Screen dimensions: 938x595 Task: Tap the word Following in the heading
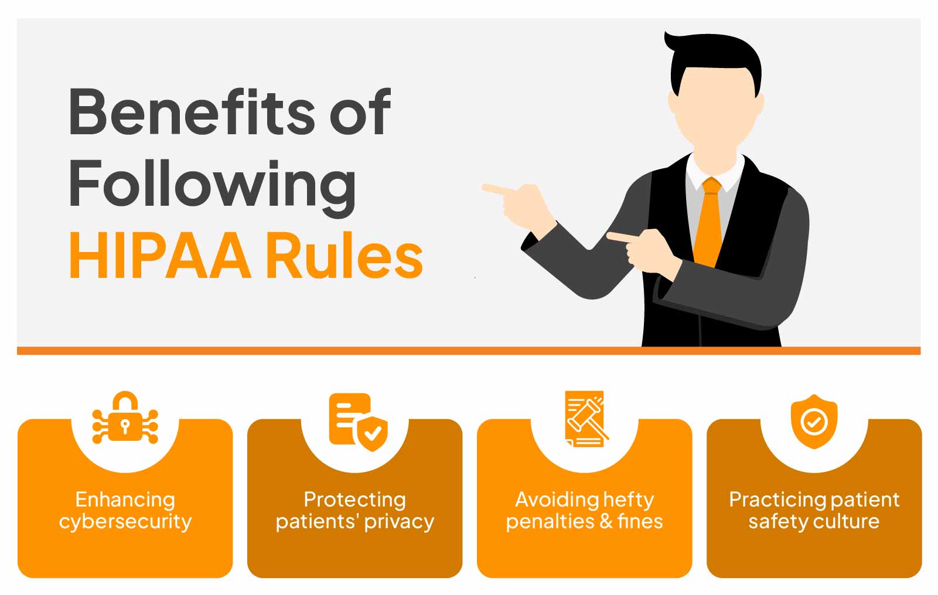click(x=212, y=188)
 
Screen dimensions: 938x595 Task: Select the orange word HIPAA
click(x=160, y=255)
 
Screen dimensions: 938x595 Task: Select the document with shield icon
click(x=359, y=421)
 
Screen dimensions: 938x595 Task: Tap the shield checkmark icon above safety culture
click(x=814, y=421)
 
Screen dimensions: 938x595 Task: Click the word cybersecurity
click(x=125, y=522)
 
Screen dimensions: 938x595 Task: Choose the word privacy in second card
click(x=399, y=522)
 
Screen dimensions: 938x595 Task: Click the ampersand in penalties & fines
click(x=606, y=521)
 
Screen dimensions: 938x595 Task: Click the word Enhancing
click(x=125, y=500)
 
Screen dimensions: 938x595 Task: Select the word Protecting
click(x=354, y=500)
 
